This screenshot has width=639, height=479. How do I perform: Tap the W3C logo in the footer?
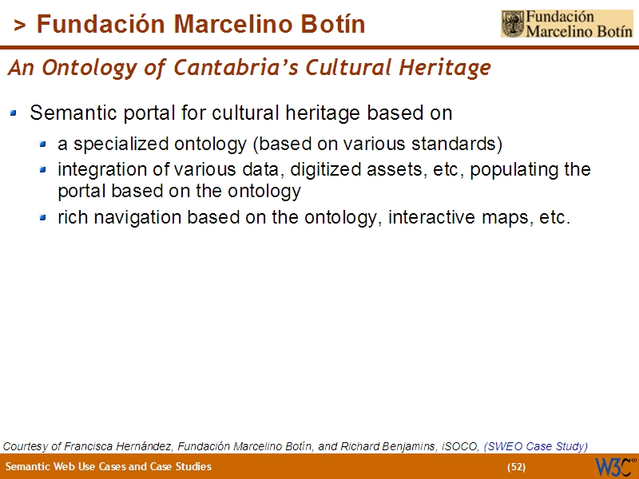click(615, 466)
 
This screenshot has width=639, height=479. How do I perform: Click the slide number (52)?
click(516, 466)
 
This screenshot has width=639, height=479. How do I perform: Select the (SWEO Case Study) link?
click(536, 445)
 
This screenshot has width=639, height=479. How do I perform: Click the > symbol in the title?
click(20, 26)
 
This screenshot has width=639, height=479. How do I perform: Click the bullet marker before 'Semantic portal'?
click(14, 114)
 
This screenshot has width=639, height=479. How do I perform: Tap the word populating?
click(518, 170)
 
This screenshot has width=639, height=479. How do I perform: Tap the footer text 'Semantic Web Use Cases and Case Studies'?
click(109, 466)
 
